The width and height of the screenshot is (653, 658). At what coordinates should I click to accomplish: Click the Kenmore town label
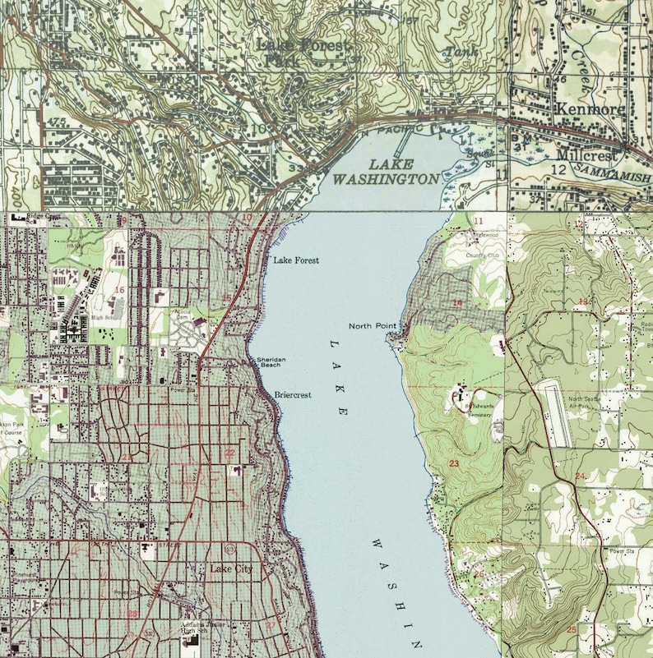click(x=589, y=108)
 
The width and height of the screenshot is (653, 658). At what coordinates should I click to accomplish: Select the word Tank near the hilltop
click(x=455, y=53)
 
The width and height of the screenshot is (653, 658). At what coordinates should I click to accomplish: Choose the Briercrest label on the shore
click(x=293, y=395)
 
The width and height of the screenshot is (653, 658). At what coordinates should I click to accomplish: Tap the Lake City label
click(x=232, y=568)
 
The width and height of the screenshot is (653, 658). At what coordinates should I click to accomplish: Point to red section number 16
click(x=119, y=290)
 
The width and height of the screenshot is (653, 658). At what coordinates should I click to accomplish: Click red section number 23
click(x=453, y=464)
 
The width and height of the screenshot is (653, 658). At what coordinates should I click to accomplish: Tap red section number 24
click(x=580, y=476)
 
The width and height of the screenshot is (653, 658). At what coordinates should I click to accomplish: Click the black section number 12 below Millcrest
click(x=558, y=169)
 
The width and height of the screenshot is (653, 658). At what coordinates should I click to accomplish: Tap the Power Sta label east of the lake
click(x=622, y=550)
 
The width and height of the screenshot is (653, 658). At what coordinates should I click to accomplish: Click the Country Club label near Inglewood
click(x=482, y=255)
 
